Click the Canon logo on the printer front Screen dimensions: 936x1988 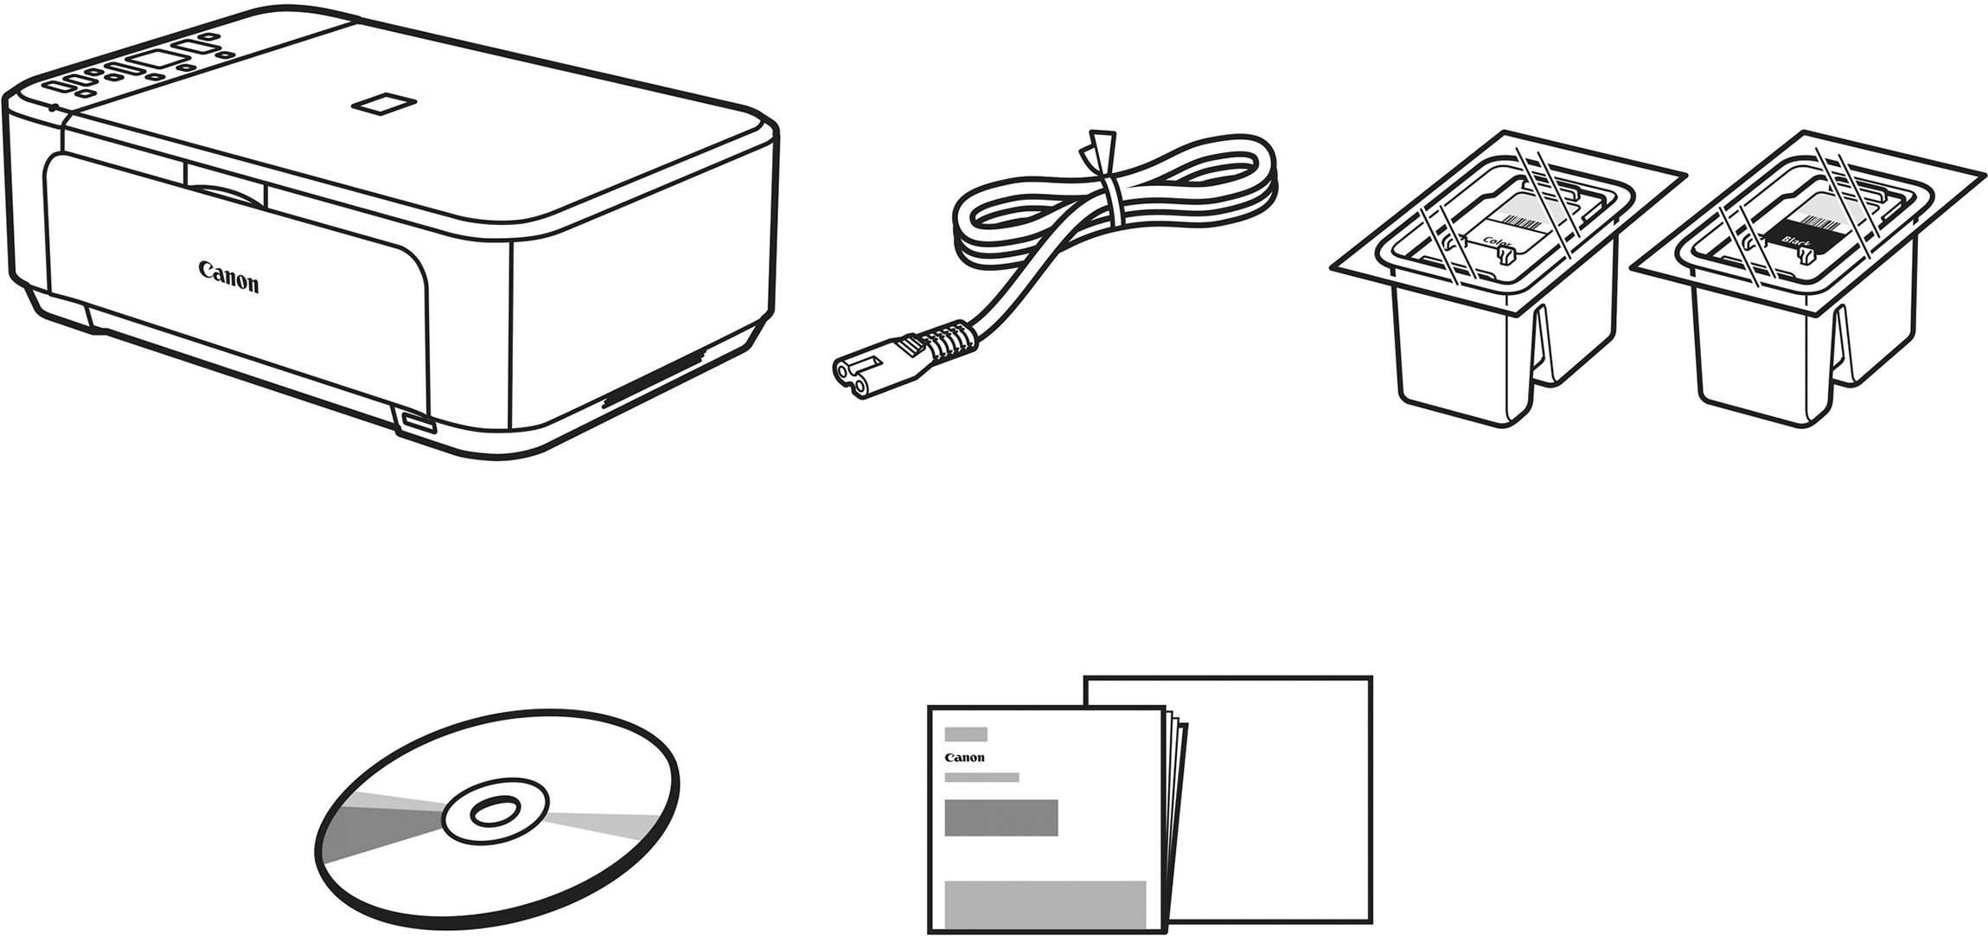coord(228,278)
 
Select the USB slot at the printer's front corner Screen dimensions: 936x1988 coord(417,424)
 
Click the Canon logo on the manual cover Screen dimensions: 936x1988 coord(964,758)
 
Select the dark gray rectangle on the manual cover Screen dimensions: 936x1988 coord(1000,817)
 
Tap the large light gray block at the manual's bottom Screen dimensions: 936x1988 coord(1045,903)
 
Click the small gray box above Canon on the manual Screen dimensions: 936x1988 coord(965,734)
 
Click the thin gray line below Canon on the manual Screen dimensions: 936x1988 coord(981,777)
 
